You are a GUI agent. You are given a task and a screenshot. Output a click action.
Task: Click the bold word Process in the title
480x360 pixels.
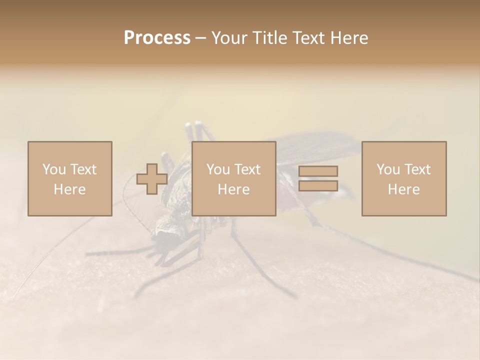coord(157,38)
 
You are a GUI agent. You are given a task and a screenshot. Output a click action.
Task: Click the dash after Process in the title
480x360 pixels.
coord(201,38)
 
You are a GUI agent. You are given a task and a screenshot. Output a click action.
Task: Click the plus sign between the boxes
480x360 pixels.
coord(152,179)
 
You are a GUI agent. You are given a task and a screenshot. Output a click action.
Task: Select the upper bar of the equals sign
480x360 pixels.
coord(318,171)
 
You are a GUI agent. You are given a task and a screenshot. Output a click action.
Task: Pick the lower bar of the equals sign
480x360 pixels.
coord(318,185)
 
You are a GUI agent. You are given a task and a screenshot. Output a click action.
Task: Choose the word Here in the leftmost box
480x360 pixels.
coord(69,189)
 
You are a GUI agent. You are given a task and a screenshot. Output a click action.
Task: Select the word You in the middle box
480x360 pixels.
coord(218,169)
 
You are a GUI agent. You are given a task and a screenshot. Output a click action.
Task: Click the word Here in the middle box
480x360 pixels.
coord(233,189)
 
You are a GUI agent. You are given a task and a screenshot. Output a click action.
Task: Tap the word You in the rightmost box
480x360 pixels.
coord(388,169)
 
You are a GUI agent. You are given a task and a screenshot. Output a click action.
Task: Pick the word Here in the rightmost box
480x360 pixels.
coord(403,189)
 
